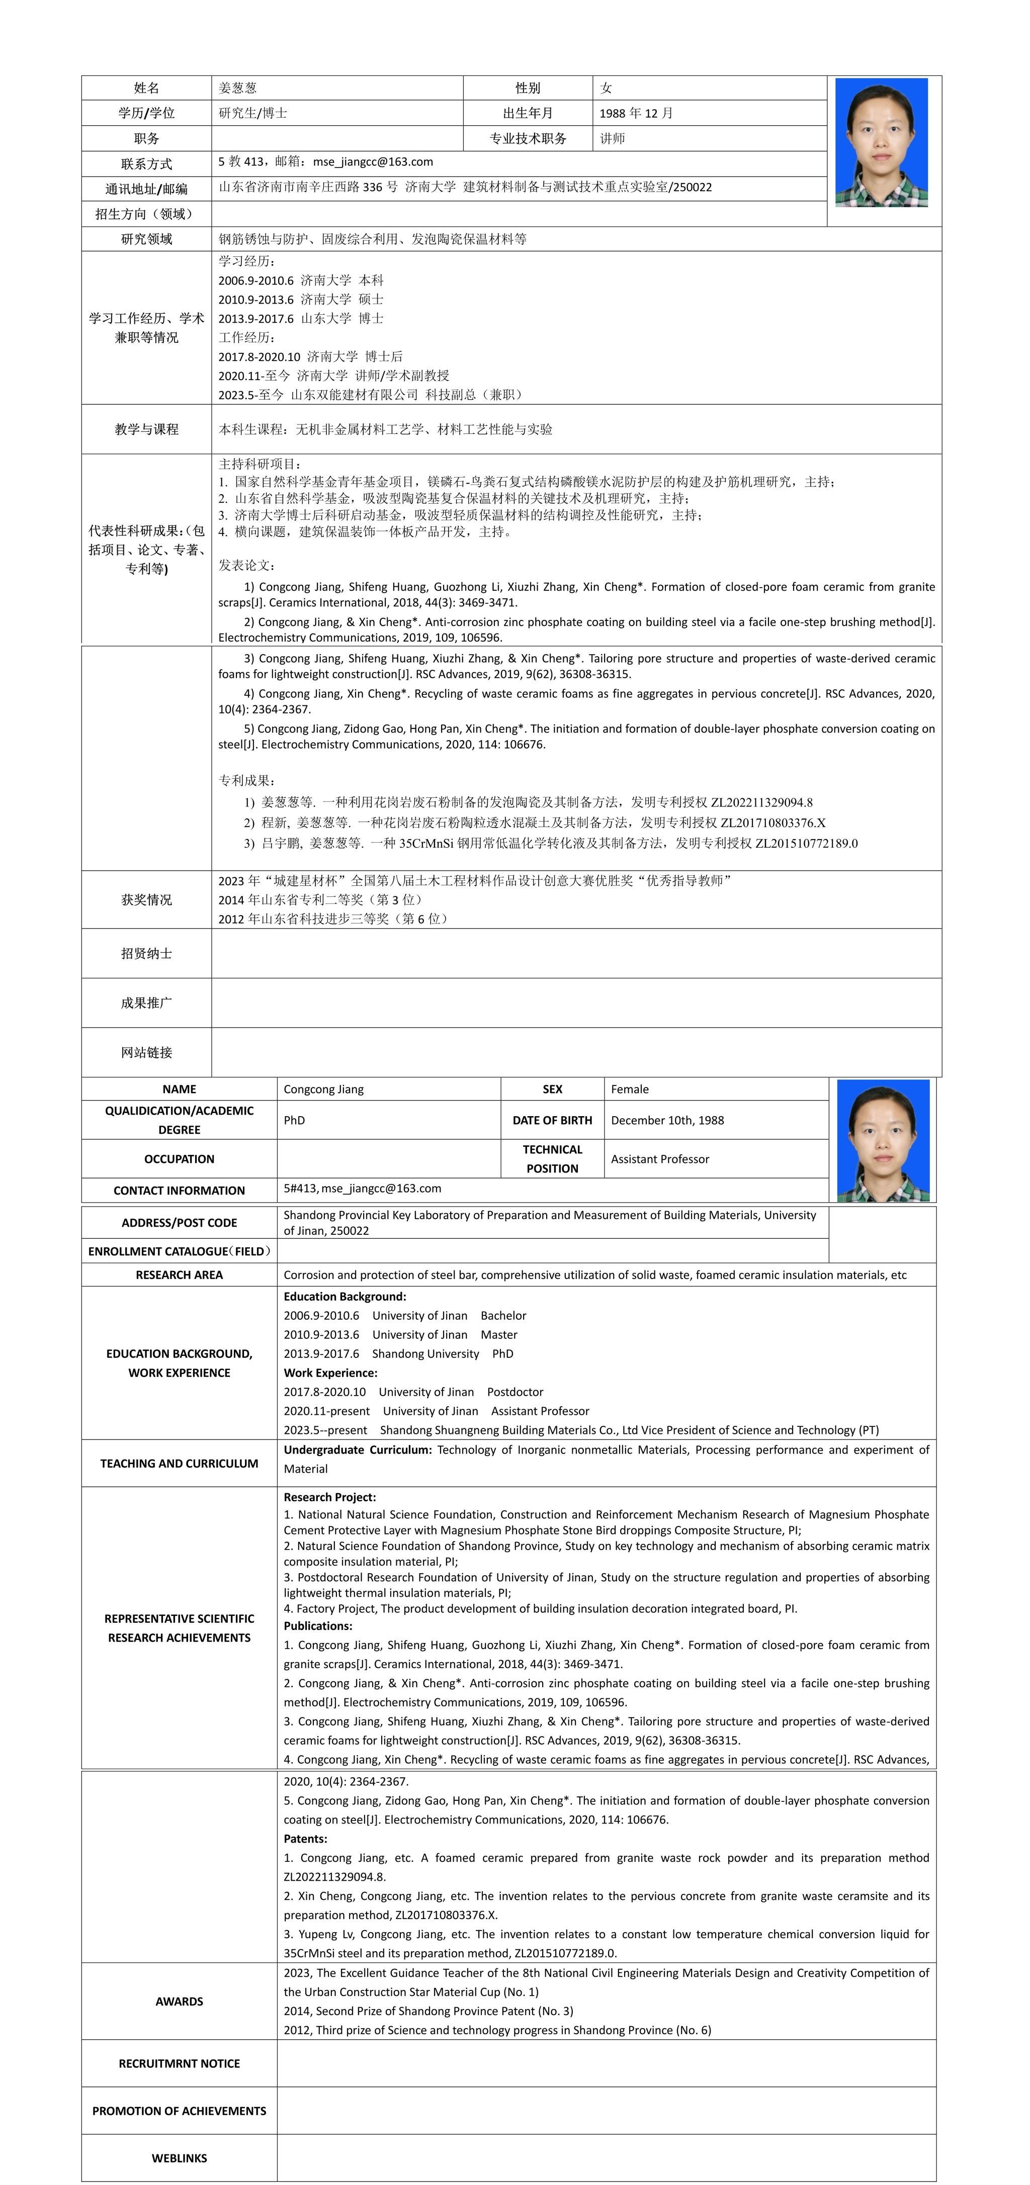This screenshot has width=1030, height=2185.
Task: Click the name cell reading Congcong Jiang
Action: coord(323,1089)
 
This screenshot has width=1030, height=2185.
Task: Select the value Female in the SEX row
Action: coord(630,1089)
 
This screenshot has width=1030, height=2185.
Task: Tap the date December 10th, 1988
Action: coord(667,1121)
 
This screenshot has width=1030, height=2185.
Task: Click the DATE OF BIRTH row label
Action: coord(552,1121)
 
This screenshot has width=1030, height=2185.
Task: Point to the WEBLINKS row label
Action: coord(179,2158)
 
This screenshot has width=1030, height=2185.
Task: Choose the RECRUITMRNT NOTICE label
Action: coord(179,2064)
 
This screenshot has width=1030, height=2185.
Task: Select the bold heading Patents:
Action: coord(305,1839)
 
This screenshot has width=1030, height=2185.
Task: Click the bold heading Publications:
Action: coord(317,1626)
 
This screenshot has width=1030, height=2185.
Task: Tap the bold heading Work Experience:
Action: coord(330,1373)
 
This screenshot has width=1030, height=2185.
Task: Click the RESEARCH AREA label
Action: coord(179,1275)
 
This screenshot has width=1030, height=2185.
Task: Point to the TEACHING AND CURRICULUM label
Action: coord(179,1463)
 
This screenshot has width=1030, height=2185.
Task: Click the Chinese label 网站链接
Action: coord(147,1053)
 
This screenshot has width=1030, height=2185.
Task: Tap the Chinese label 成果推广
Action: coord(147,1003)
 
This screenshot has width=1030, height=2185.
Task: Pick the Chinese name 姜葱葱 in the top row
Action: coord(237,88)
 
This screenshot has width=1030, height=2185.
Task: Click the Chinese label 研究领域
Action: coord(147,239)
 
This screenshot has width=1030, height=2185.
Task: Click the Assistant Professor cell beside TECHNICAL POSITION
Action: coord(660,1159)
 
